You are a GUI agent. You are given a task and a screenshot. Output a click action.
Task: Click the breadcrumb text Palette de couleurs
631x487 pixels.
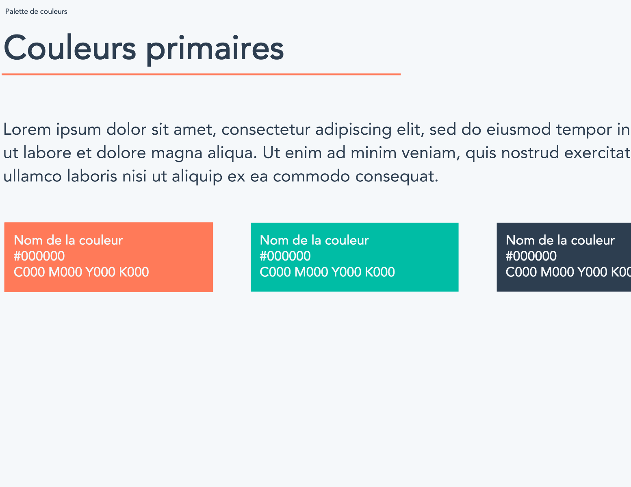coord(36,12)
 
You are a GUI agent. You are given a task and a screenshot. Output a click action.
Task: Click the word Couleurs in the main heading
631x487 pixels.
coord(70,48)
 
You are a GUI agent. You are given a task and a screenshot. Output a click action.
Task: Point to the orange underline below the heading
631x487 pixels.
coord(201,74)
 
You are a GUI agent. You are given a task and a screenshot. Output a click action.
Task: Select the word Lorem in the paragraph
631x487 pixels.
coord(27,129)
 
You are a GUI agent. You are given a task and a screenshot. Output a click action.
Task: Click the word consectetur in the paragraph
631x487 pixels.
coord(266,129)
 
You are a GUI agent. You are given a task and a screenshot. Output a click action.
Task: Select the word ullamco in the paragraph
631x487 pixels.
coord(33,176)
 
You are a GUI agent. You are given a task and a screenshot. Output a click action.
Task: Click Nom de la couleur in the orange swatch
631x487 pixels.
coord(68,240)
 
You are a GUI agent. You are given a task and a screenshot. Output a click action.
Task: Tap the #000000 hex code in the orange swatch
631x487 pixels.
coord(39,256)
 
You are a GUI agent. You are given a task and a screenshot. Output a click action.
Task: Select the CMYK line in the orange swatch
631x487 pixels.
coord(81,272)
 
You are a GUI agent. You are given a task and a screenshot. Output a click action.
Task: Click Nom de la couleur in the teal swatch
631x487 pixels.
coord(314,240)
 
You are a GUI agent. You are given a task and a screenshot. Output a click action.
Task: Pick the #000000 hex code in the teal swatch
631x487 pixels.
coord(285,256)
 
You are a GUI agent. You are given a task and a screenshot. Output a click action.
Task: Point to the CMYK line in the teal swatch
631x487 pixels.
coord(327,272)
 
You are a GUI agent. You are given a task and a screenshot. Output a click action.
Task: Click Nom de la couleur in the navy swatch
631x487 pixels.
coord(560,240)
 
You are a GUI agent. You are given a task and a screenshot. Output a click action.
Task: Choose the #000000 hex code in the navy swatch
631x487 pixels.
coord(531,256)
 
